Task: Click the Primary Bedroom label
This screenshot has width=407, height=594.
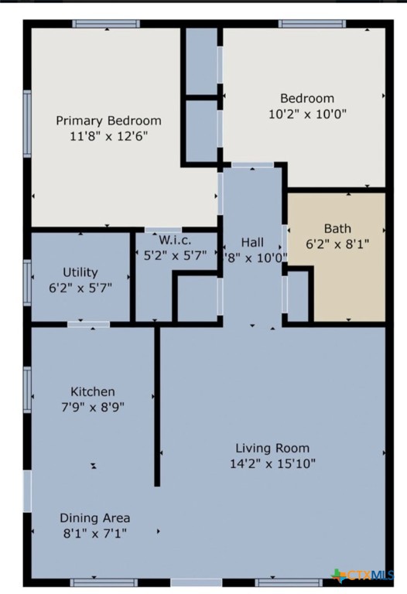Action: [x=109, y=121]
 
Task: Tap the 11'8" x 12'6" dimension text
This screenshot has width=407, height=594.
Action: [x=109, y=136]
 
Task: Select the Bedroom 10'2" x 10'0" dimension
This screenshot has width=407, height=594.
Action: [x=307, y=114]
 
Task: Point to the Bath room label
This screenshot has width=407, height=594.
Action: [x=337, y=228]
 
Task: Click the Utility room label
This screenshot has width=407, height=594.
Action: [x=80, y=272]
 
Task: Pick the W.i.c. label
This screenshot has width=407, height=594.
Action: [x=175, y=240]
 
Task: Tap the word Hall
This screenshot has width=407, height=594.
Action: [x=252, y=242]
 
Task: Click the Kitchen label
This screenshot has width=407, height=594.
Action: [x=93, y=391]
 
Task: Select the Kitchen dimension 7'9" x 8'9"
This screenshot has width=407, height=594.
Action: [x=93, y=407]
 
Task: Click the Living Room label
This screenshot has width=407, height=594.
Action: [x=272, y=448]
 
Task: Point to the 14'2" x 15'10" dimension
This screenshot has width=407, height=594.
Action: [x=272, y=463]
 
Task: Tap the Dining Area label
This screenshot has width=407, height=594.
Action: [x=95, y=518]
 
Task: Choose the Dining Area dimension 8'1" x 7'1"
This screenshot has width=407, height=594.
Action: [x=95, y=534]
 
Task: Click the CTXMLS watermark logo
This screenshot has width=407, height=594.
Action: [x=362, y=575]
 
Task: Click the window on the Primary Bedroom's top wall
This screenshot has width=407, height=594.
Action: [x=106, y=24]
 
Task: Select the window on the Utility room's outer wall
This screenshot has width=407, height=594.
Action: [x=27, y=282]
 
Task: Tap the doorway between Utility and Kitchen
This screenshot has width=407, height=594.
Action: [x=89, y=324]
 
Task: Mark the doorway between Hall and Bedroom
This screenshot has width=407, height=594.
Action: [x=252, y=165]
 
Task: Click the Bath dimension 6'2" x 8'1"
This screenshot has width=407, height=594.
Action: [x=337, y=244]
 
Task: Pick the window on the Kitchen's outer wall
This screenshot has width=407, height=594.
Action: [x=27, y=390]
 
